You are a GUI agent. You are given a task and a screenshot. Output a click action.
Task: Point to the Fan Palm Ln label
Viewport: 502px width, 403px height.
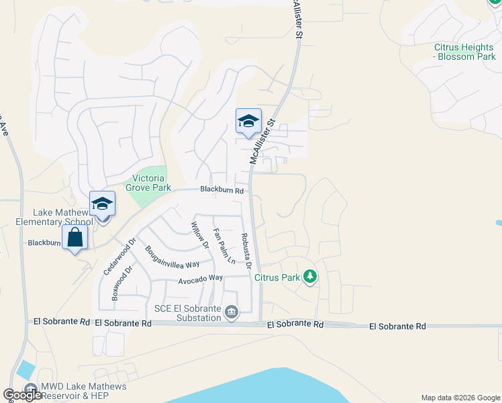pos(223,246)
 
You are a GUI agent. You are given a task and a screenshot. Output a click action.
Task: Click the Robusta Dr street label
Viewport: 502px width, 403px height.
pos(246,251)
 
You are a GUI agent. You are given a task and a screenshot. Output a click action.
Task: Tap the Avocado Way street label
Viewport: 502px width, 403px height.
pos(200,278)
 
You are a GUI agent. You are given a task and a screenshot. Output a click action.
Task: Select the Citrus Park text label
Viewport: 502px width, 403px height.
pos(280,277)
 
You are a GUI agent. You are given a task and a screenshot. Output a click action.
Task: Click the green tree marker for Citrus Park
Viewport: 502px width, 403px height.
pos(309,276)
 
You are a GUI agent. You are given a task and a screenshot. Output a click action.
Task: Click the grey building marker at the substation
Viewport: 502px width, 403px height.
pos(232,312)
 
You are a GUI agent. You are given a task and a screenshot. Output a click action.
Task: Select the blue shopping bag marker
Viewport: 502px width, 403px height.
pos(74,237)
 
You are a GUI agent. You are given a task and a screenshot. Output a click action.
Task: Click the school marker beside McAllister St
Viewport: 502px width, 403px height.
pos(248,122)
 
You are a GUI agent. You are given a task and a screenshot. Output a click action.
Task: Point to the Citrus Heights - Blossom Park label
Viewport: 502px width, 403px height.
pos(464,52)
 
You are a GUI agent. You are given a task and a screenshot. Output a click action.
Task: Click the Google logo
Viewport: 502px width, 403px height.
pos(22,395)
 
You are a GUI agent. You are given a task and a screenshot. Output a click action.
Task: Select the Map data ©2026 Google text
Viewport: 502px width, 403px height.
pos(460,398)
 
